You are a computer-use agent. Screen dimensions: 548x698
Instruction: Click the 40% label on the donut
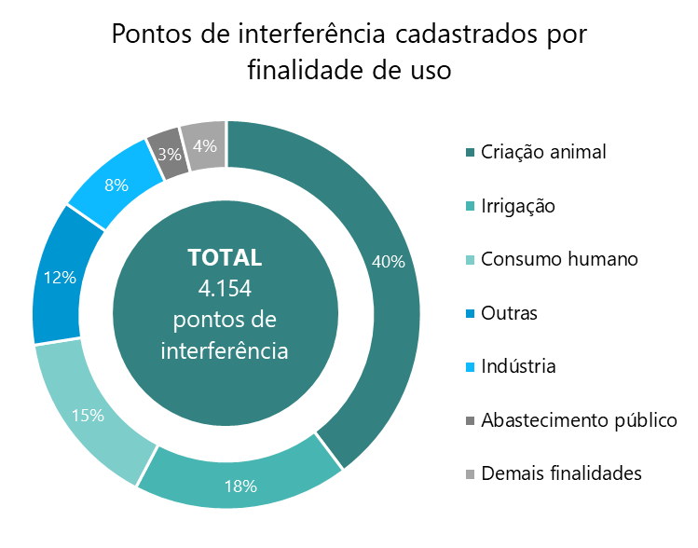click(x=388, y=262)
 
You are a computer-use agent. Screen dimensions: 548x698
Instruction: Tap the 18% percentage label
click(x=240, y=485)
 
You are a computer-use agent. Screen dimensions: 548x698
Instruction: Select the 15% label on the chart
click(x=88, y=416)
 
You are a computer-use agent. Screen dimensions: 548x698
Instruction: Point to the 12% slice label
click(x=59, y=277)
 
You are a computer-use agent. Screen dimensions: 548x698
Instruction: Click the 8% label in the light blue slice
click(x=116, y=185)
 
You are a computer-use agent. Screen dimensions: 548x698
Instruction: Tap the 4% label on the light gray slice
click(x=205, y=145)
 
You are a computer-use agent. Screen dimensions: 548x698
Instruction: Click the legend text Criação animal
click(x=543, y=152)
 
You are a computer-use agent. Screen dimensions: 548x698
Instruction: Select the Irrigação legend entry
click(x=517, y=205)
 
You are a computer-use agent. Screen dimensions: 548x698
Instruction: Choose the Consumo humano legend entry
click(x=559, y=259)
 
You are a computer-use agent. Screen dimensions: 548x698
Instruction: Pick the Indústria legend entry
click(x=518, y=366)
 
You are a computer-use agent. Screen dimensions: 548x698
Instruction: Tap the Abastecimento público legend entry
click(x=578, y=420)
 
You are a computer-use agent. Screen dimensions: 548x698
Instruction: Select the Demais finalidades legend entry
click(x=561, y=473)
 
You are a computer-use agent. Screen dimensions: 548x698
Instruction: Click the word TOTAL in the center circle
click(x=225, y=257)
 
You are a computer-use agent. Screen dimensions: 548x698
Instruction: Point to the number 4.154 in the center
click(x=225, y=288)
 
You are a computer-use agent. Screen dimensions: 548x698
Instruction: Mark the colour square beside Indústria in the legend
click(x=471, y=367)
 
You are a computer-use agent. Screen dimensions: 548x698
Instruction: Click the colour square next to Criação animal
click(x=471, y=153)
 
